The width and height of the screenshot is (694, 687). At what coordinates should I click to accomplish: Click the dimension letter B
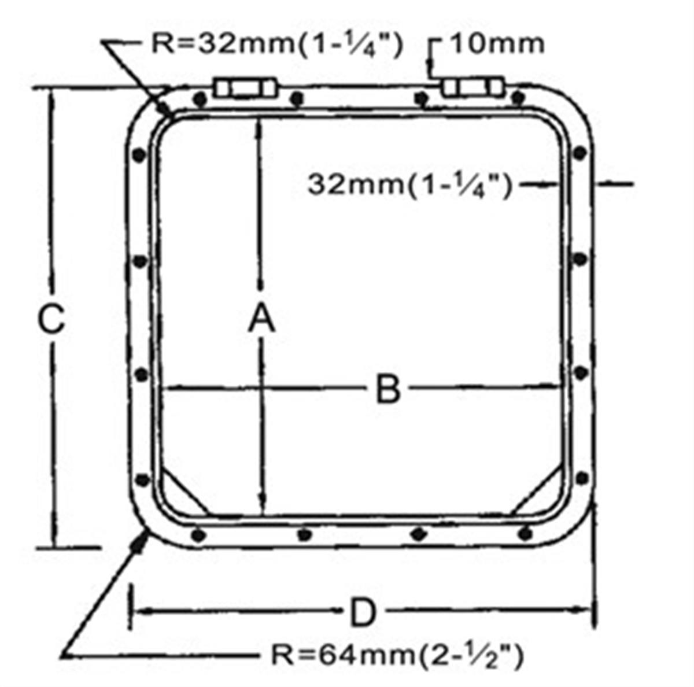tap(388, 389)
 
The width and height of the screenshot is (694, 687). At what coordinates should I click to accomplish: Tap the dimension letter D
tap(363, 612)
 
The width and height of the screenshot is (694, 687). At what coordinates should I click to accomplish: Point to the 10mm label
tap(496, 45)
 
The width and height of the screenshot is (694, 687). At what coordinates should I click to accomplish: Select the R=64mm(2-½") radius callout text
tap(398, 656)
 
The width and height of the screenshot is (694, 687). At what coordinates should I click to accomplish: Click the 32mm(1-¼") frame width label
tap(409, 186)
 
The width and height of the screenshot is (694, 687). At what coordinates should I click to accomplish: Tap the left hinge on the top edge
tap(246, 88)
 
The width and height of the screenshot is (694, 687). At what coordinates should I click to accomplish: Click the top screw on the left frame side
tap(139, 155)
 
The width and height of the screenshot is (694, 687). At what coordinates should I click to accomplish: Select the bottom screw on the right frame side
tap(582, 478)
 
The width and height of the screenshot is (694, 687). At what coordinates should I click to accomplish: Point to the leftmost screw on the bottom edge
tap(198, 535)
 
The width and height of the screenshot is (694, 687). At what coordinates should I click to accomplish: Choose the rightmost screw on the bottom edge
tap(525, 533)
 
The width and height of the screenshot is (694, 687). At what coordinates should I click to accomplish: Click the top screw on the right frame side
tap(579, 153)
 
